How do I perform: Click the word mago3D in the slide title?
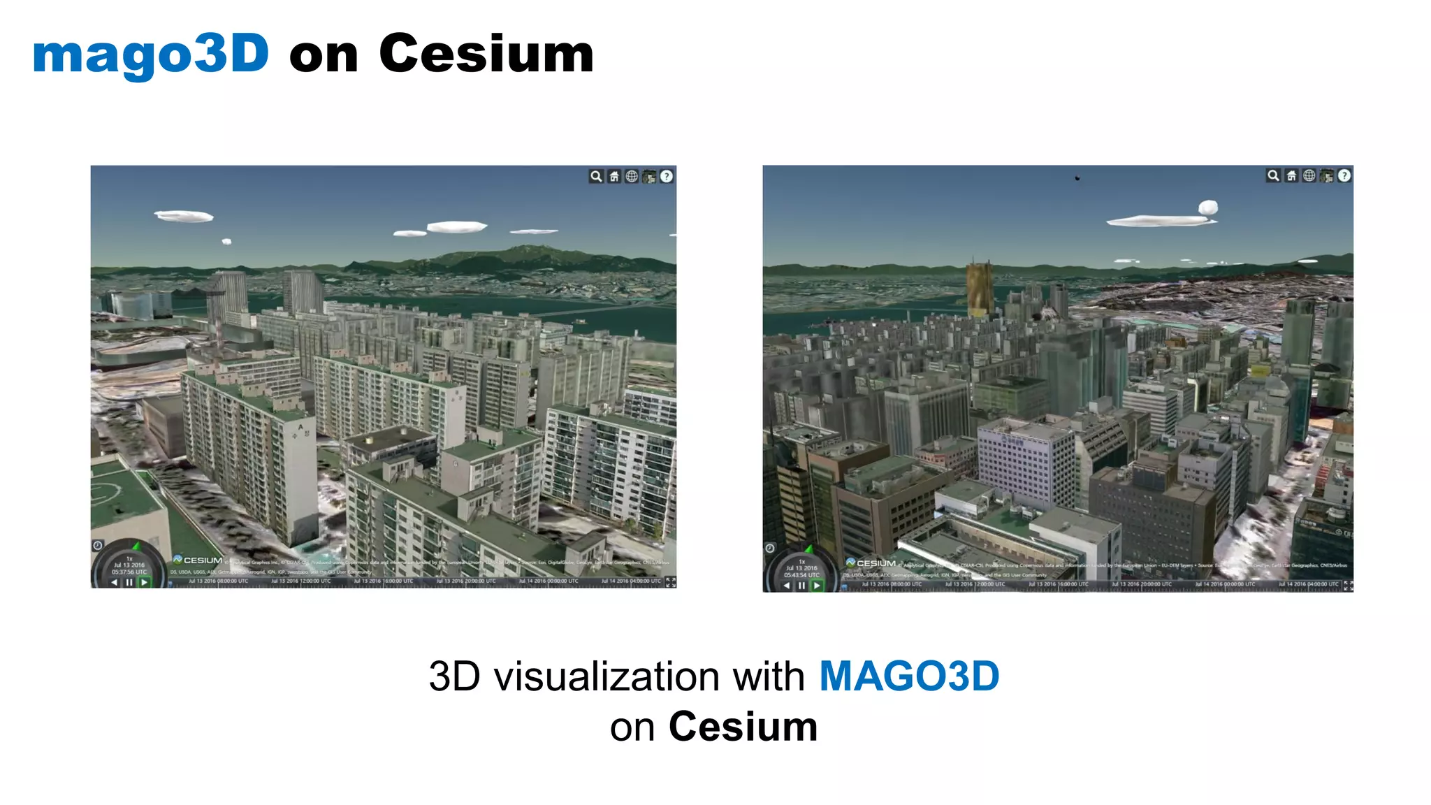[x=150, y=55]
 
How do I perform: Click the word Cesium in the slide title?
[x=486, y=55]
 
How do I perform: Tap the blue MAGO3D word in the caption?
[x=909, y=676]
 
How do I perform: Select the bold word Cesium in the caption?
[x=743, y=727]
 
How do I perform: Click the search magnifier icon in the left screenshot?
[x=596, y=176]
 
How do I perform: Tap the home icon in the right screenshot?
[x=1291, y=176]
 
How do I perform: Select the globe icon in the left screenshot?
[x=632, y=176]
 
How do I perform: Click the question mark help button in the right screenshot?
[x=1344, y=176]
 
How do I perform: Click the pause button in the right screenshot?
[x=801, y=586]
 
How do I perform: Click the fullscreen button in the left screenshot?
[x=671, y=581]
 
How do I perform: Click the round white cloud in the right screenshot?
[x=1208, y=208]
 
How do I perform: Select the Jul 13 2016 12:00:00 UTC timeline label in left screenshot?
[x=301, y=581]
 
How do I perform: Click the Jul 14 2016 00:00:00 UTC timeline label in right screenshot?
[x=1225, y=584]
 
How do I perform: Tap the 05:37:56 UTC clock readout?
[x=129, y=572]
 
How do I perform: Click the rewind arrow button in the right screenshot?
[x=787, y=586]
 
